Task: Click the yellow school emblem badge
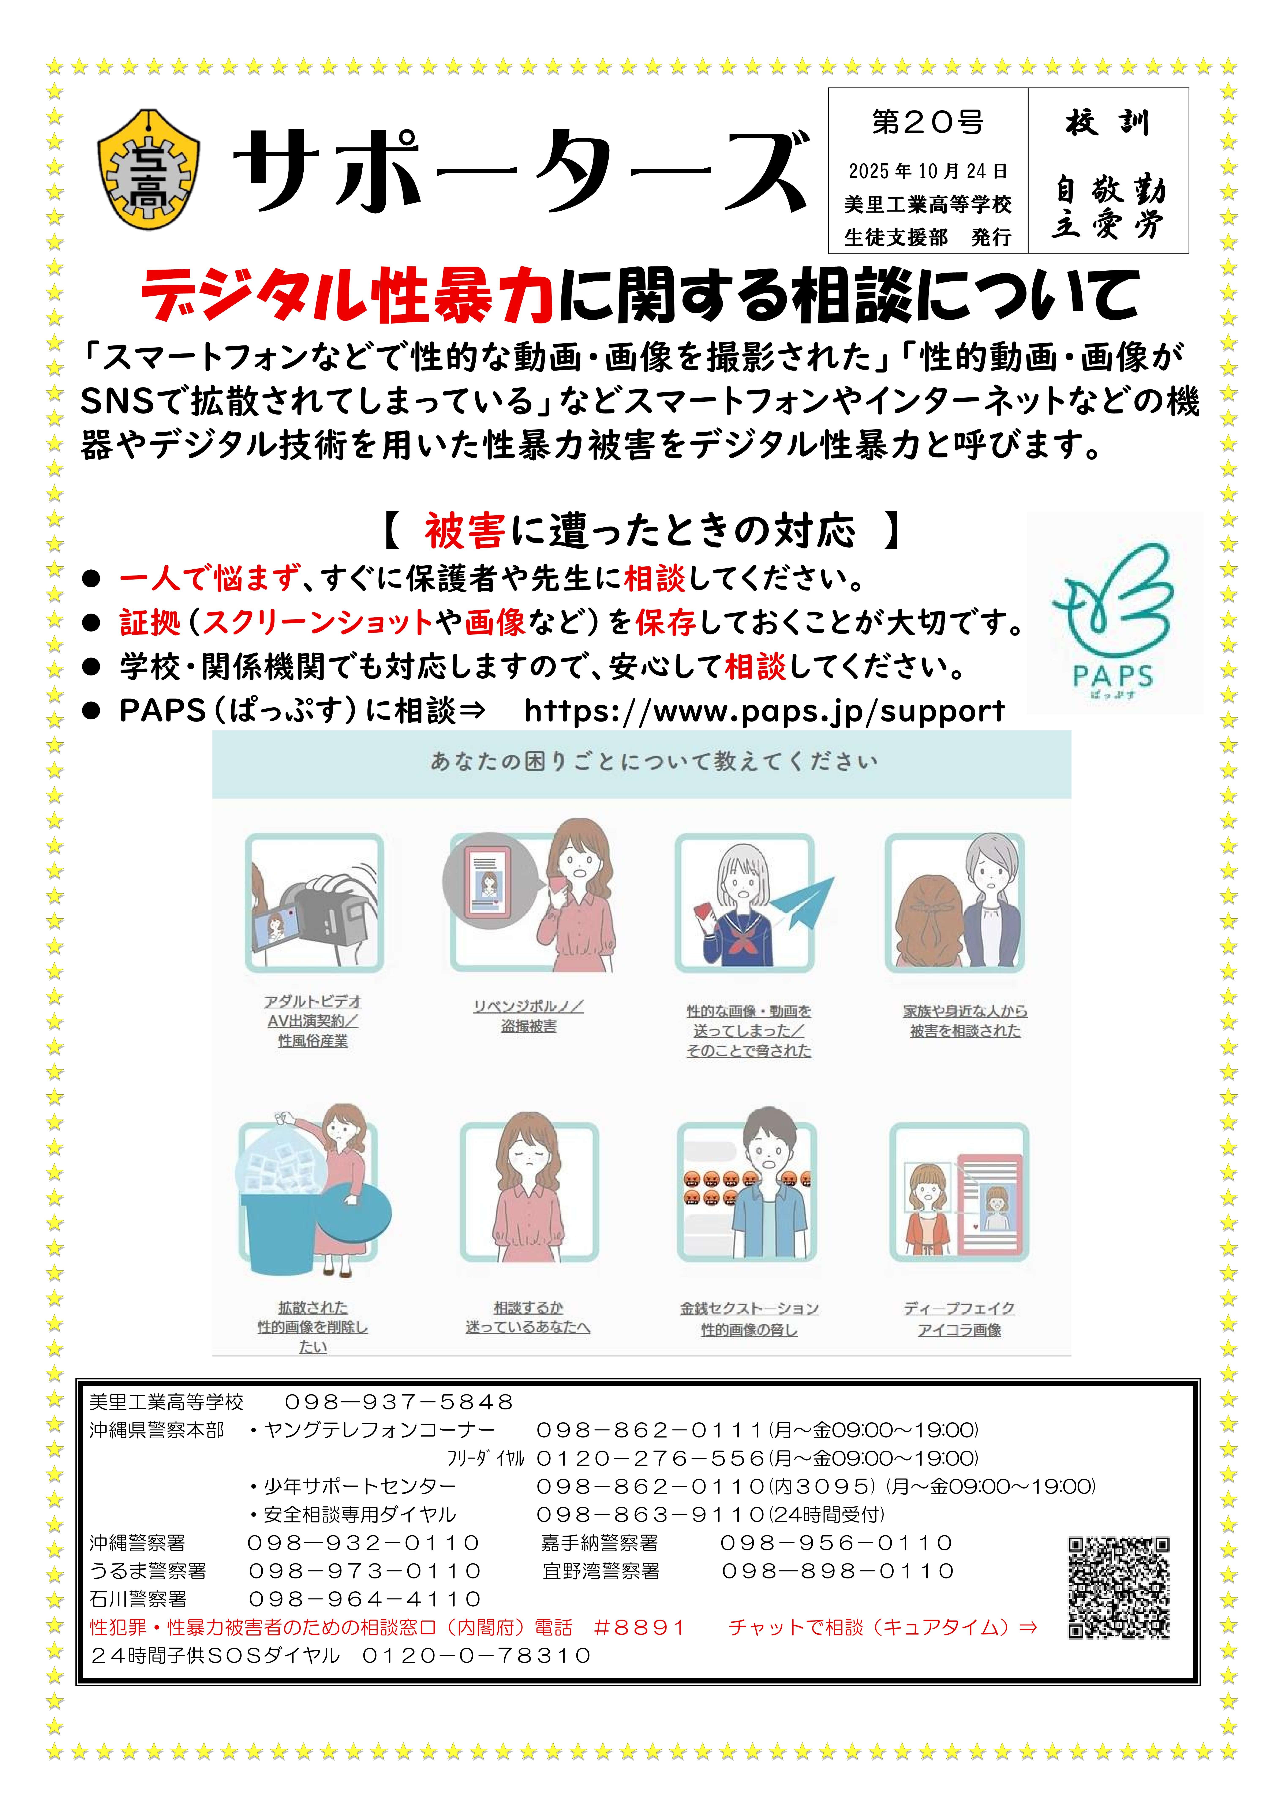148,169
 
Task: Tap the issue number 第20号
928,123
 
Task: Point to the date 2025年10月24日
928,171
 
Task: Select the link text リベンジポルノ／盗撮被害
529,1016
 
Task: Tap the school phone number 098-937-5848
399,1402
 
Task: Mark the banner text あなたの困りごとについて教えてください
654,761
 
